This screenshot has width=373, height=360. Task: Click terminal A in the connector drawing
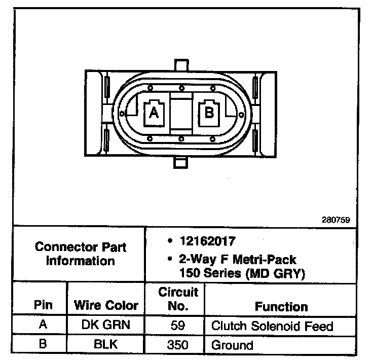click(154, 113)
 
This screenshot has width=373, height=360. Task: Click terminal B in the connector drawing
click(209, 112)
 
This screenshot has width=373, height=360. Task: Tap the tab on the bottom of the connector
click(181, 161)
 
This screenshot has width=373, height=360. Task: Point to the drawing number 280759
click(336, 221)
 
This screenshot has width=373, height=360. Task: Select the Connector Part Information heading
click(81, 255)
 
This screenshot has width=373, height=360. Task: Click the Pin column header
click(43, 305)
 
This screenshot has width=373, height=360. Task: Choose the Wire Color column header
click(106, 305)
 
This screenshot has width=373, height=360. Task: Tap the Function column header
click(281, 306)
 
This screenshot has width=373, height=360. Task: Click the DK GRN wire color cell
click(106, 325)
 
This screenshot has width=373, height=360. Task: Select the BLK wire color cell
click(106, 345)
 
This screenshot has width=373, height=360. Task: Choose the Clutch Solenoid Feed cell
click(272, 326)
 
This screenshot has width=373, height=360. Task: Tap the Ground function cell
click(232, 345)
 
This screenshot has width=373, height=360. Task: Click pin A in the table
click(43, 325)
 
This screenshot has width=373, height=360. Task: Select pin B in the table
click(43, 345)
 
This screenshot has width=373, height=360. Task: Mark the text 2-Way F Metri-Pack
click(237, 260)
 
